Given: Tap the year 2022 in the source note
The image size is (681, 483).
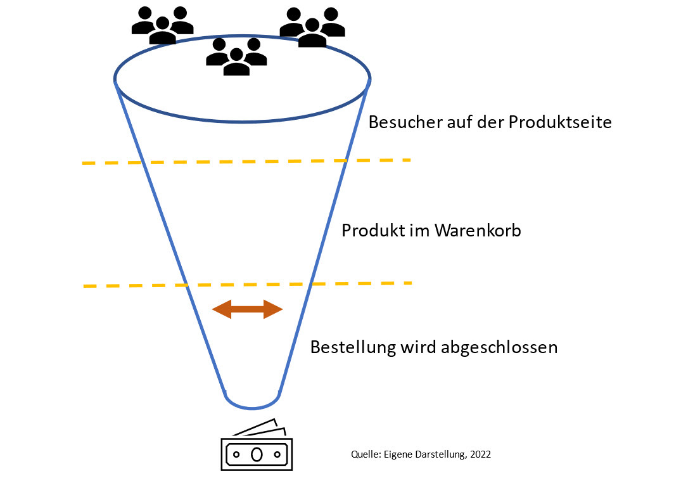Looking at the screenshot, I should (x=479, y=454).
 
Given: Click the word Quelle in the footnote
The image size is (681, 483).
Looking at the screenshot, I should (x=364, y=454).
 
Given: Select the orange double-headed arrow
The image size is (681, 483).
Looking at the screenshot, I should (x=247, y=309).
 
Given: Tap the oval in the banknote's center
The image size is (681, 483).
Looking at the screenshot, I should (x=257, y=454).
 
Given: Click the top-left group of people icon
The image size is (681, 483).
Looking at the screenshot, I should (x=162, y=25).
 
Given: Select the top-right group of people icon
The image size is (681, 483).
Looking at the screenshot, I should (x=312, y=27).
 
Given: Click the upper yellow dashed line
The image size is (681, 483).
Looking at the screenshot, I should (x=247, y=162).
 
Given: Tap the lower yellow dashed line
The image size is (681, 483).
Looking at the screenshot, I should (x=247, y=285).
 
